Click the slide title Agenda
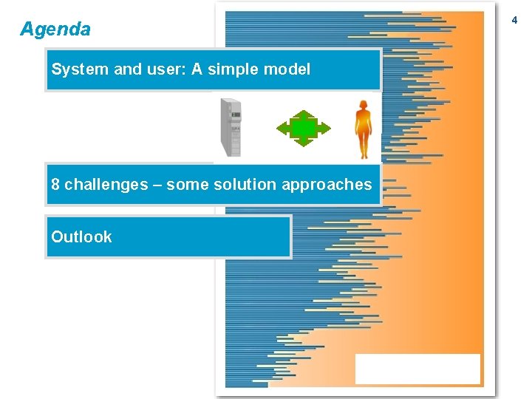tap(55, 30)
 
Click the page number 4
tap(514, 21)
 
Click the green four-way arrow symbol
tap(304, 129)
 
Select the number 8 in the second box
tap(55, 185)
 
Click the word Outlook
tap(81, 237)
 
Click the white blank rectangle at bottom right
tap(417, 369)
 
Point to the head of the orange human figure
tap(363, 105)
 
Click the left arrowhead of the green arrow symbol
tap(282, 129)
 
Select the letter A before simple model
tap(197, 69)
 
